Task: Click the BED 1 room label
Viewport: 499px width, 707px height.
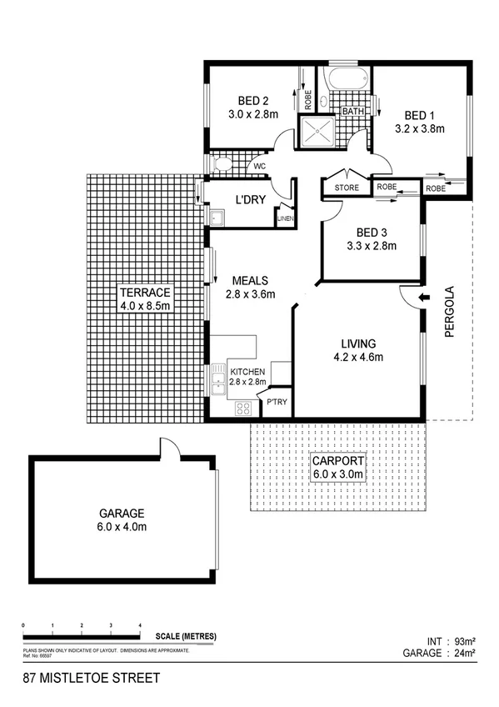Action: (419, 115)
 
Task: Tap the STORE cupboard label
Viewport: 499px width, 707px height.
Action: (347, 188)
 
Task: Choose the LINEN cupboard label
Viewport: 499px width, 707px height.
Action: (285, 219)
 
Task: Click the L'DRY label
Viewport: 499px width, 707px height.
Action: (249, 201)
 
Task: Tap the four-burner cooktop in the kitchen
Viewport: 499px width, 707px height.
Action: (245, 408)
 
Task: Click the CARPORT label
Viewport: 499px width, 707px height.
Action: (337, 461)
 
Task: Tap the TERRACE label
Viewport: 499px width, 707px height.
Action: (144, 293)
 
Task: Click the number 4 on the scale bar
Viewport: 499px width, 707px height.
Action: (140, 625)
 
